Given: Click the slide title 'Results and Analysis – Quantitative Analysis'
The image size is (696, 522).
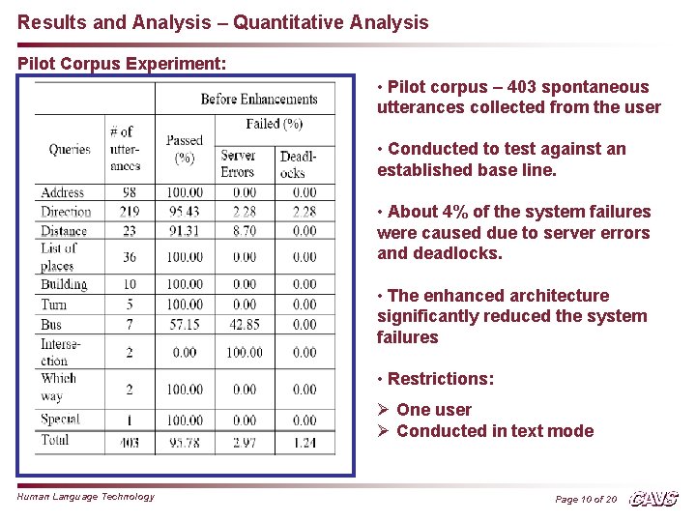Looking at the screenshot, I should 223,21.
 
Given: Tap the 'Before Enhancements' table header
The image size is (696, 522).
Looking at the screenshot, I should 258,99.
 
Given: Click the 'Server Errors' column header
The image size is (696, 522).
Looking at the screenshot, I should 238,163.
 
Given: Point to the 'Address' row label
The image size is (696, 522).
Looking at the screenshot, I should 63,193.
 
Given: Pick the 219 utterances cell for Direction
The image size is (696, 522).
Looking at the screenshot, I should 130,212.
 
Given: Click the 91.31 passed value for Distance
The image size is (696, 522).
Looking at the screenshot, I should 185,231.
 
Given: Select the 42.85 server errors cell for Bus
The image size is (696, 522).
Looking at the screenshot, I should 244,324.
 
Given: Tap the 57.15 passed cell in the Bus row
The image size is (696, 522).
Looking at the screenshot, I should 185,324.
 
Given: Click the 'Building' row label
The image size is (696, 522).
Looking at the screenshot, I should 64,284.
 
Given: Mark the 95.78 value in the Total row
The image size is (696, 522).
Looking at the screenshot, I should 185,442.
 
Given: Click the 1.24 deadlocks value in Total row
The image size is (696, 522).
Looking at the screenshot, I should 304,442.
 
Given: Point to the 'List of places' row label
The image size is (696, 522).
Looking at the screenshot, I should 58,256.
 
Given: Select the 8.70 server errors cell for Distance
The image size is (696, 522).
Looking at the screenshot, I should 244,231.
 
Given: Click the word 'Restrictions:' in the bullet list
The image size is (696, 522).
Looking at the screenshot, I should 440,379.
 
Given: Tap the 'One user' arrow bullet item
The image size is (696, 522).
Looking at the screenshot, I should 434,410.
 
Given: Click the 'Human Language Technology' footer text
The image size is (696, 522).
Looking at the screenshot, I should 86,497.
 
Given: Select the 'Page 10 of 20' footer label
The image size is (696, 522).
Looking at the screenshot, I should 586,499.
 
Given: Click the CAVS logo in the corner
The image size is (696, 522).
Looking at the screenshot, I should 653,499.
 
